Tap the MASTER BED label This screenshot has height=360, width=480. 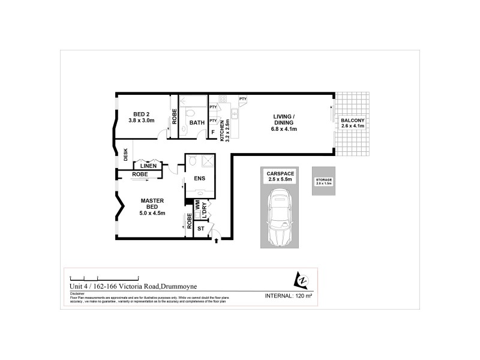point(152,205)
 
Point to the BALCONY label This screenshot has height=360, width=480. point(352,123)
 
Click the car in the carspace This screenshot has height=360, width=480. point(279,217)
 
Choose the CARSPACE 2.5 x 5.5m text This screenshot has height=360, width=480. point(279,176)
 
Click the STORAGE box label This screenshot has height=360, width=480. point(323,182)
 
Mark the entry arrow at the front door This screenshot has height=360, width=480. point(217,241)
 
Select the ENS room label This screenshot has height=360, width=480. point(200,178)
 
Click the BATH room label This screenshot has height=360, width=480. point(197,123)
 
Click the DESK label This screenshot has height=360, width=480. point(125,154)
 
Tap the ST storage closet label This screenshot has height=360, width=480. point(200,229)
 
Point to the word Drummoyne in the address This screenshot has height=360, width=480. point(161,287)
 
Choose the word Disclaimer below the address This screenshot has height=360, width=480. point(78,293)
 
